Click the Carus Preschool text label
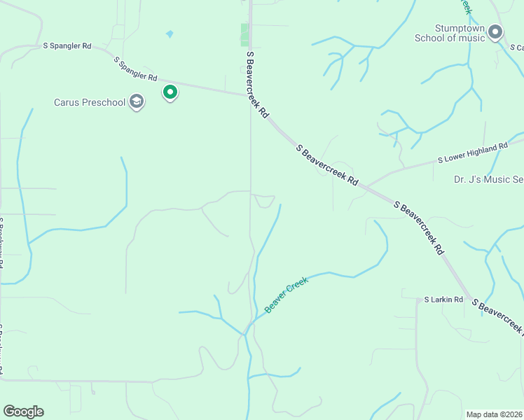coord(90,102)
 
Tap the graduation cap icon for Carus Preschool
coord(137,103)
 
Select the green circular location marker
coord(170,92)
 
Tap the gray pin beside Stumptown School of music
coord(496,31)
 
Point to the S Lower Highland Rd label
coord(472,153)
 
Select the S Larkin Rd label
coord(444,300)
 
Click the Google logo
coord(23,412)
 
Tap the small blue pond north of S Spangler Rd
coord(170,34)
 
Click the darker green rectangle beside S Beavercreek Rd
coord(244,35)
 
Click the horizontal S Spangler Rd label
coord(67,46)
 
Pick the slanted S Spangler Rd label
coord(135,69)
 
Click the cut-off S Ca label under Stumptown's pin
coord(517,47)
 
